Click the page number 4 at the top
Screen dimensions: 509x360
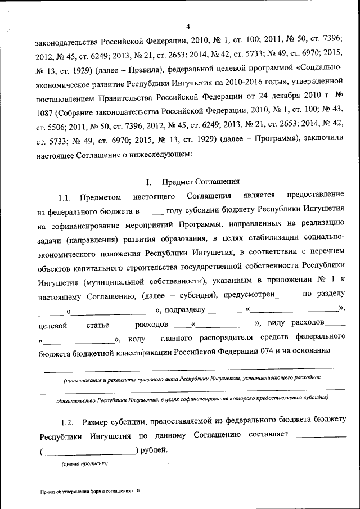[x=188, y=26]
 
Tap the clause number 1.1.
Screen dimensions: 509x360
[x=66, y=196]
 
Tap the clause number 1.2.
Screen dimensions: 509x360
[x=67, y=421]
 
